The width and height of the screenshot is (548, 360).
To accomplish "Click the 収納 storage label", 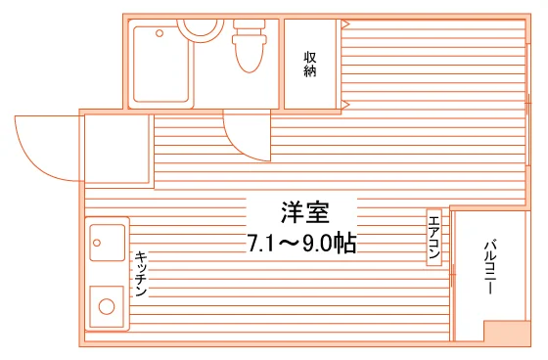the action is click(309, 65).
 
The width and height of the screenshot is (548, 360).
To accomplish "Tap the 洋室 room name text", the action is click(305, 212).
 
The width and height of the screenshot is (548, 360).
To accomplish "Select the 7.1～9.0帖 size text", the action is click(302, 243).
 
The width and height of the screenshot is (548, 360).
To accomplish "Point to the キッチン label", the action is click(141, 274).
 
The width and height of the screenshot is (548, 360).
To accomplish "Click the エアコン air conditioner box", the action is click(434, 238).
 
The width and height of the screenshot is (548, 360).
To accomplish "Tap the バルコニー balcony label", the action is click(490, 267).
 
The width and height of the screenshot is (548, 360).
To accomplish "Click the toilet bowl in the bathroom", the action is click(250, 54).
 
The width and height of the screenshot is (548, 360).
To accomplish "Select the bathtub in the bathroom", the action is click(161, 64).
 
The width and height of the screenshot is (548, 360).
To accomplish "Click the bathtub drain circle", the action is click(160, 33).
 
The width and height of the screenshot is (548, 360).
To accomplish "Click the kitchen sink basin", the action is click(108, 243).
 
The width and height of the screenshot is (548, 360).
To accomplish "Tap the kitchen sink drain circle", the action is click(97, 243).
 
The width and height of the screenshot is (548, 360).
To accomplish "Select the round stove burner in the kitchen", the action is click(107, 307).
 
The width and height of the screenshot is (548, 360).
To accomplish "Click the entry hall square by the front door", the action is click(116, 149).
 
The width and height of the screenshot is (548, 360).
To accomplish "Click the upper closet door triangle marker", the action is click(345, 24).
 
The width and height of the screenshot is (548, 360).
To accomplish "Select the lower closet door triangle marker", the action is click(345, 104).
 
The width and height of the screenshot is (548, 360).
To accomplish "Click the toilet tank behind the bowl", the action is click(250, 28).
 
